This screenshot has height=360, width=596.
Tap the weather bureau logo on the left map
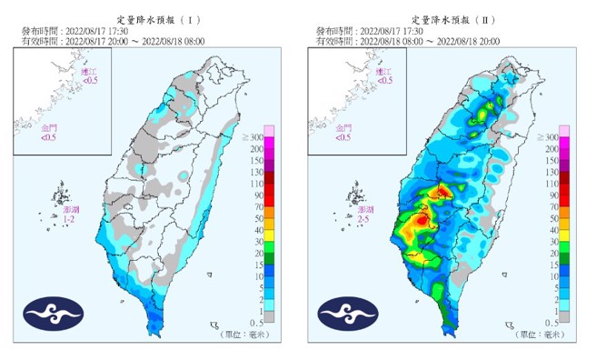click(53, 314)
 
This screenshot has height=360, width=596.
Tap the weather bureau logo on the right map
click(348, 314)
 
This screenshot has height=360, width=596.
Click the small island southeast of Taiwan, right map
click(509, 325)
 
